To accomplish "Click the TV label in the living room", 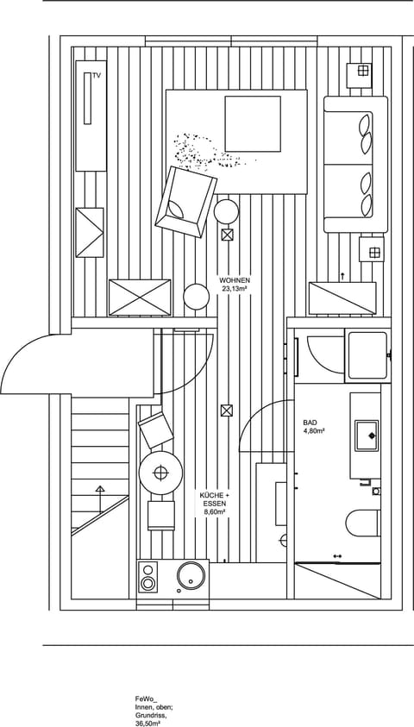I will coord(97,77).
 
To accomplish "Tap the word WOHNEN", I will coord(235,281).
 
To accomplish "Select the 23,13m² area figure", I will coord(235,290).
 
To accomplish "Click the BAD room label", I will coord(310,423).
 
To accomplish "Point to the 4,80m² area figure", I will coord(313,430).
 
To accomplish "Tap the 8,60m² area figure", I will coord(213,512).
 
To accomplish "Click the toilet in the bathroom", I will coord(362,523).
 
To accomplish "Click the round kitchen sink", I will coord(192,577).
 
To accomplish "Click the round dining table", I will coord(160,472).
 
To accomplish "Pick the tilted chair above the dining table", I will coord(156,429).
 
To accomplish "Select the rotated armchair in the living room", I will coord(184,202).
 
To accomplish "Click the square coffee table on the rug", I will coord(253,123).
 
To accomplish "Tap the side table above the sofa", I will coord(361,72).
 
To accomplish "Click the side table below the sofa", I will coord(373,250).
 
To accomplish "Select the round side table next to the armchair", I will coord(227,210).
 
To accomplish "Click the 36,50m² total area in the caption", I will coord(147,724).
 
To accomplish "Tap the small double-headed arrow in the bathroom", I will coord(337,556).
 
